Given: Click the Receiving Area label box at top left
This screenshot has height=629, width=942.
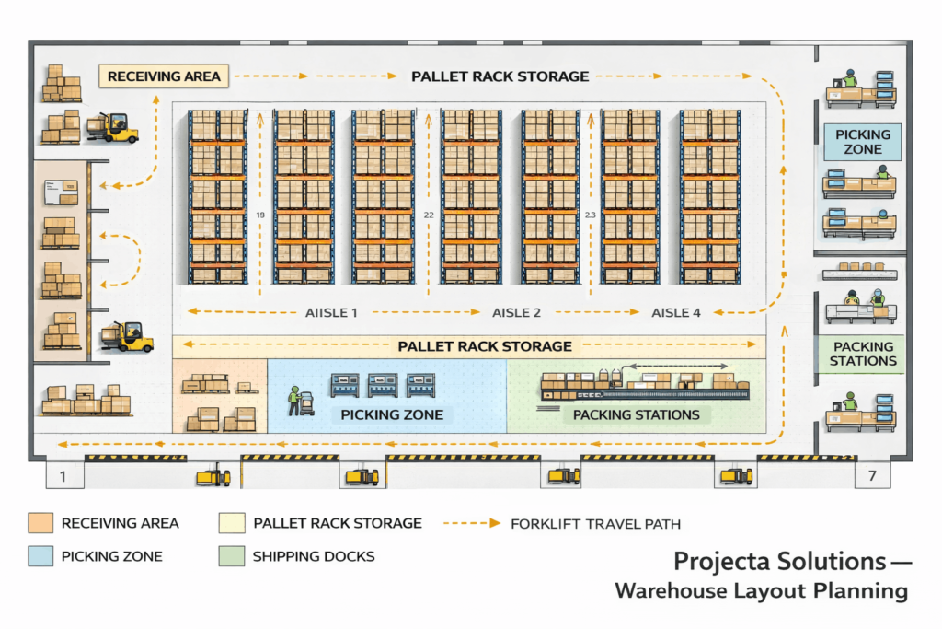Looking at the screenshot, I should [164, 76].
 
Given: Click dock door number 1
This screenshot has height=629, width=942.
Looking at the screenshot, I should [63, 476].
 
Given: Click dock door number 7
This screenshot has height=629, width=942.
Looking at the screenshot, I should [872, 476].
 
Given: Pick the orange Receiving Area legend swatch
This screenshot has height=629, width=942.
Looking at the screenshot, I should [40, 523].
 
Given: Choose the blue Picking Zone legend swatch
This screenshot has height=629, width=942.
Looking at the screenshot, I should [40, 556].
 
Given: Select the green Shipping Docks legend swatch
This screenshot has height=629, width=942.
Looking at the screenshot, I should [231, 556].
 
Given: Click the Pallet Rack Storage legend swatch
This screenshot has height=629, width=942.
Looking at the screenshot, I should [231, 523].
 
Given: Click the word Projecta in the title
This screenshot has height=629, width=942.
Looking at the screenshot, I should [722, 561].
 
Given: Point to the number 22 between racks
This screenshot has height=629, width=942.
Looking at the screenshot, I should [429, 215].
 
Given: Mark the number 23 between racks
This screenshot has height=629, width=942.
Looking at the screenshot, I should [591, 215].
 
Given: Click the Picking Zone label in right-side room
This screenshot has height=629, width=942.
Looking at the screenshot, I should [863, 142].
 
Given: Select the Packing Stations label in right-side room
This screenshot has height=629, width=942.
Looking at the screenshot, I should [862, 354].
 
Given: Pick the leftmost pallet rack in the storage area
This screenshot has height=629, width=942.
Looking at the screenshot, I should [217, 196].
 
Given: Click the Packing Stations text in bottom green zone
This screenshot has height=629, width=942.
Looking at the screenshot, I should [636, 414].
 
